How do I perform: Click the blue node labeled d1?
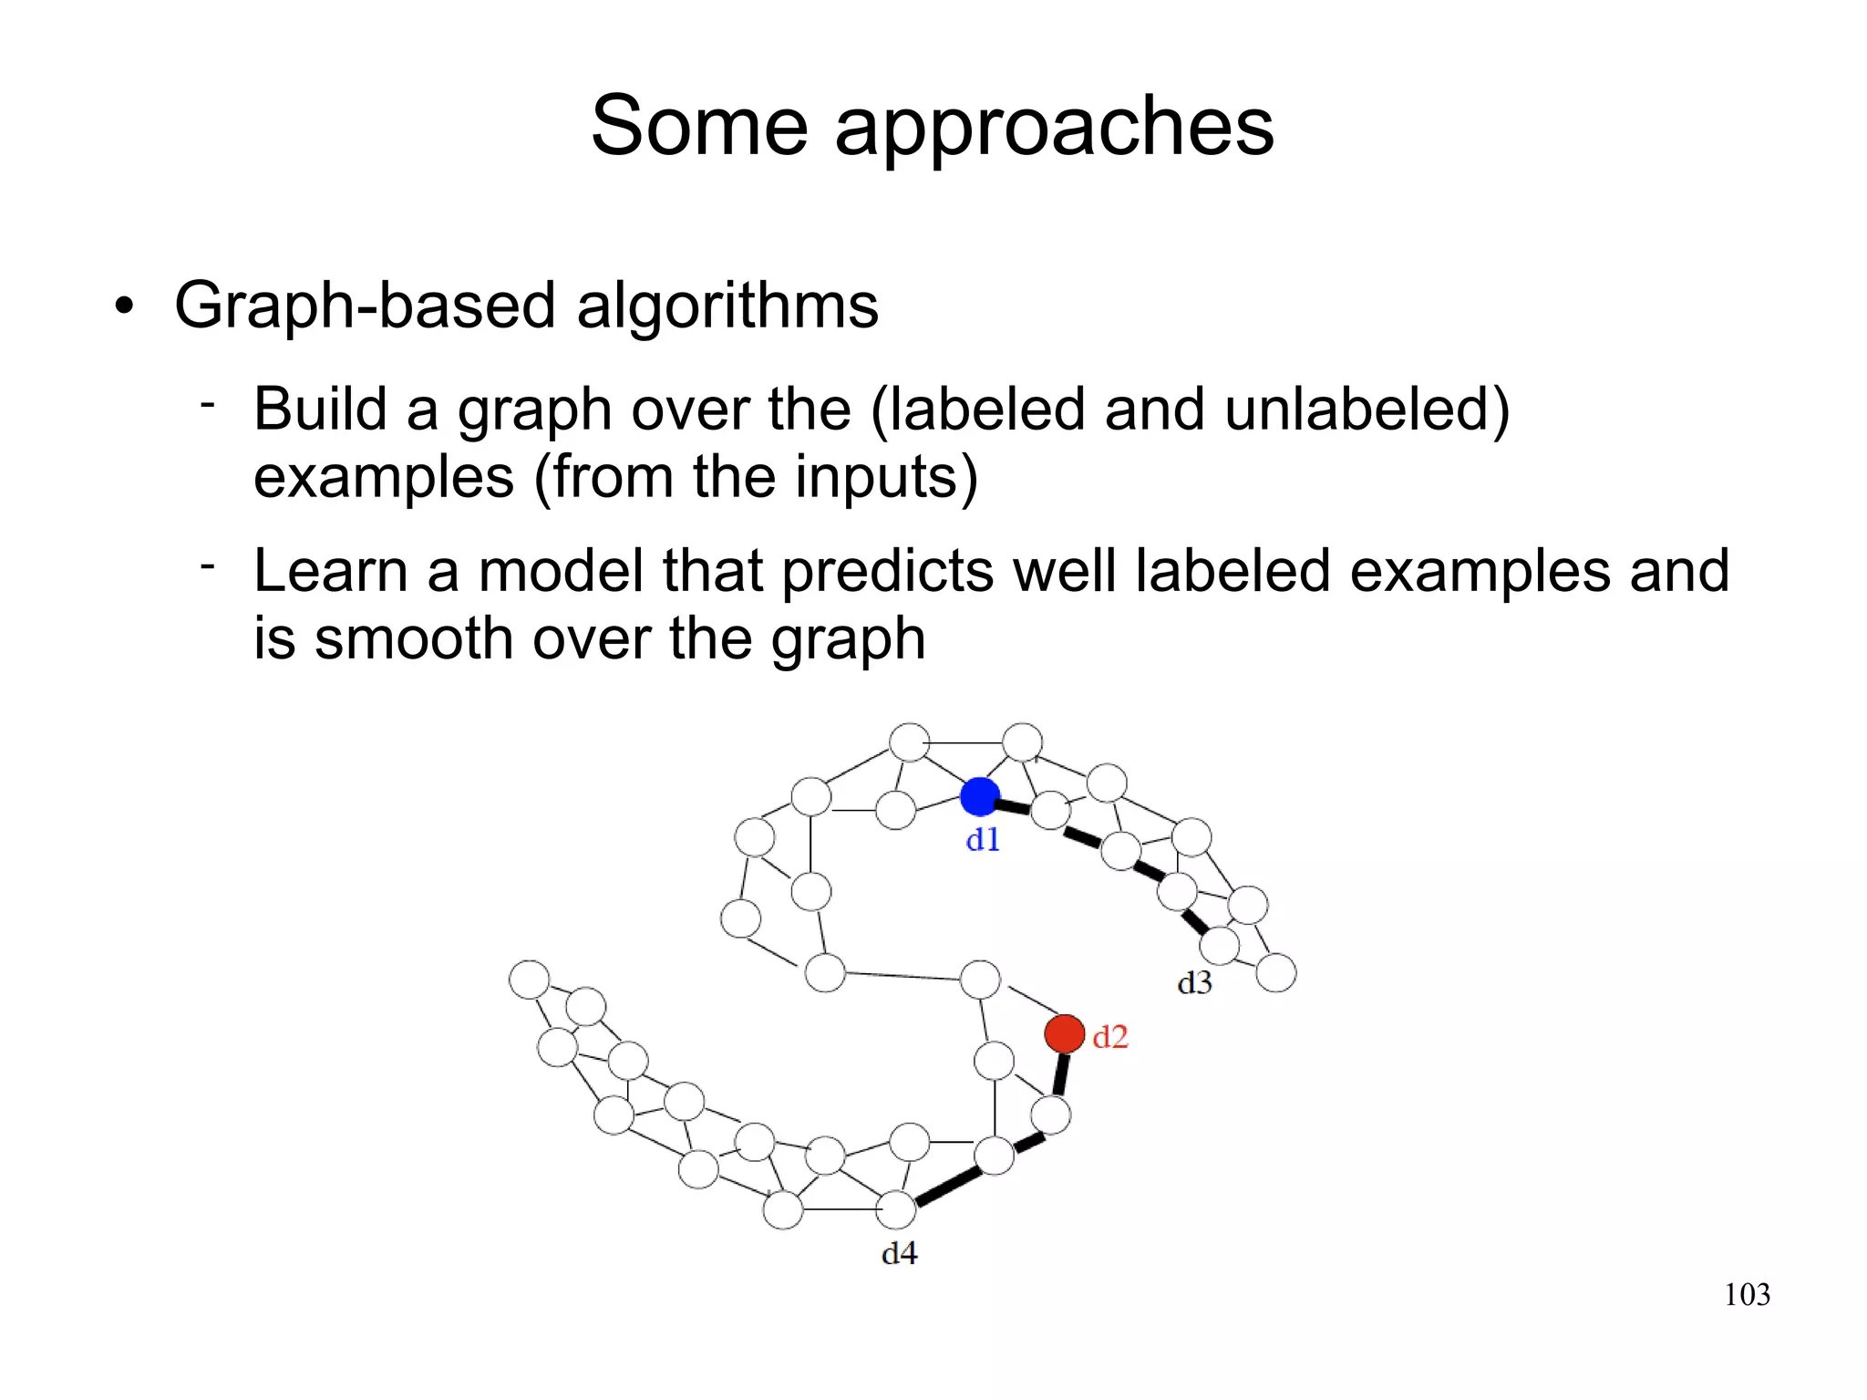980,796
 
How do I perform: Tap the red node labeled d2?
1064,1034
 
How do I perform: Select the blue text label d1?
983,839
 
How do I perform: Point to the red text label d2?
1110,1037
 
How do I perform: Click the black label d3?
1194,983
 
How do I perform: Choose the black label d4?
899,1254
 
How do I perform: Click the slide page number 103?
1747,1294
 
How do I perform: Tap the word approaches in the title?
1054,128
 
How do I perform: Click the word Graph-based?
364,306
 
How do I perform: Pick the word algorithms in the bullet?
727,306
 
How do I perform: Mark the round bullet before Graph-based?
125,307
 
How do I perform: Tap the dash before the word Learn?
208,567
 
